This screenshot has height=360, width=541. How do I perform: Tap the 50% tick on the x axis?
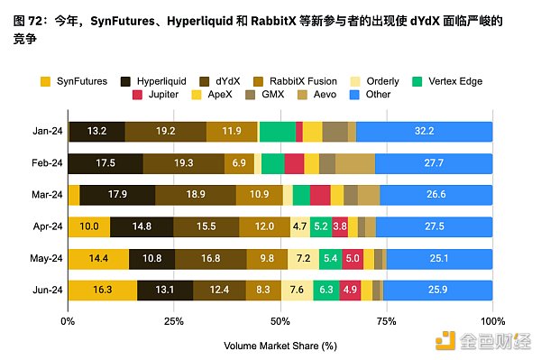pyautogui.click(x=280, y=320)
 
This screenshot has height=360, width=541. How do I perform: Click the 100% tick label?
pyautogui.click(x=491, y=320)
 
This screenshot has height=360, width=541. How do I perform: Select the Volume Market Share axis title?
pyautogui.click(x=280, y=345)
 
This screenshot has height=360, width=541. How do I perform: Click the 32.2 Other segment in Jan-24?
pyautogui.click(x=424, y=132)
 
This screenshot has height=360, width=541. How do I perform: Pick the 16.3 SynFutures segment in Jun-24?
pyautogui.click(x=102, y=291)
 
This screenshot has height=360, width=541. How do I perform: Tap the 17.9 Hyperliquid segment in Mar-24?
pyautogui.click(x=117, y=195)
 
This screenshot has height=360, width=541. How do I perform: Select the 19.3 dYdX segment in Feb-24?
pyautogui.click(x=183, y=163)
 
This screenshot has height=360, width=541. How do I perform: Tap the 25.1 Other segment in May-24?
pyautogui.click(x=439, y=259)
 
